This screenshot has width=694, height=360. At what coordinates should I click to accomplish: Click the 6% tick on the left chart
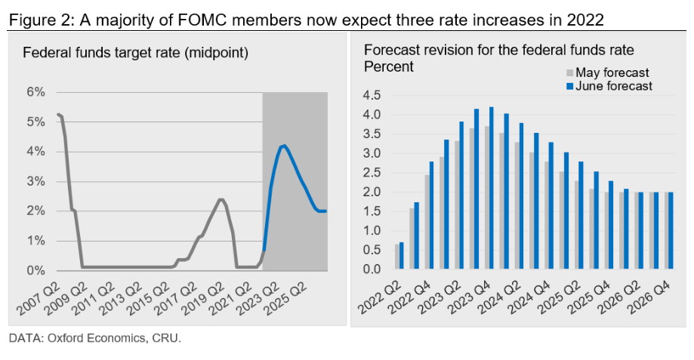(x=35, y=92)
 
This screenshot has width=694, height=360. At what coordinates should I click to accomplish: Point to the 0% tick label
(x=35, y=270)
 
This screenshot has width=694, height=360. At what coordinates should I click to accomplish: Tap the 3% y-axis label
(x=35, y=181)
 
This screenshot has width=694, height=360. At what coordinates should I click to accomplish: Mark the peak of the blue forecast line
(x=282, y=146)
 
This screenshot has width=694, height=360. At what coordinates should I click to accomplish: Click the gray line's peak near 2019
(x=220, y=199)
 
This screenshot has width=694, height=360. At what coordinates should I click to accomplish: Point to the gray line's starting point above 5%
(x=58, y=114)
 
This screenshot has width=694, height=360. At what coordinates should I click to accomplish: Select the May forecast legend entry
(x=612, y=72)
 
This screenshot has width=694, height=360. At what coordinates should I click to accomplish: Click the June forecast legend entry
(x=612, y=86)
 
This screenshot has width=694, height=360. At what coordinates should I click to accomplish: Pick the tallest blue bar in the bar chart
(x=492, y=188)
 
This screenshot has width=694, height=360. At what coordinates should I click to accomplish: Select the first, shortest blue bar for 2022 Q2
(x=402, y=255)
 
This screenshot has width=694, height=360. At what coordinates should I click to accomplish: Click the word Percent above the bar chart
(x=389, y=66)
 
